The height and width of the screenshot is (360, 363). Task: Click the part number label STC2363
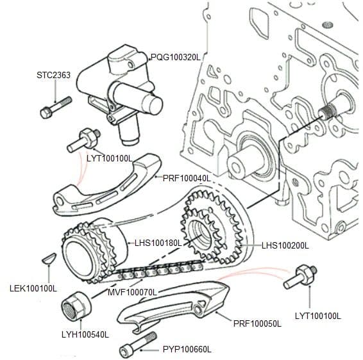[x=53, y=75]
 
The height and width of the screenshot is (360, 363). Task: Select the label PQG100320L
[x=176, y=57]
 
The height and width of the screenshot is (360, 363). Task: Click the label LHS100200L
[x=285, y=245]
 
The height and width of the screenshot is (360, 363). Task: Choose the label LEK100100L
[x=34, y=288]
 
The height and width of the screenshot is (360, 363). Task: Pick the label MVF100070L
[x=132, y=293]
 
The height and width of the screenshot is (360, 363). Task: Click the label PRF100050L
[x=258, y=324]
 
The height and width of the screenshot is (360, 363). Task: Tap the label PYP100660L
[x=187, y=349]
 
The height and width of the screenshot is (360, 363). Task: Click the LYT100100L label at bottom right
[x=317, y=316]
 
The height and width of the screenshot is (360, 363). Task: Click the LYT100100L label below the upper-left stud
[x=109, y=158]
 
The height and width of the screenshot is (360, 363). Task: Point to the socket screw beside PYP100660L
[x=137, y=345]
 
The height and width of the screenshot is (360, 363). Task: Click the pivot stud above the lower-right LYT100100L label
[x=302, y=276]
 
